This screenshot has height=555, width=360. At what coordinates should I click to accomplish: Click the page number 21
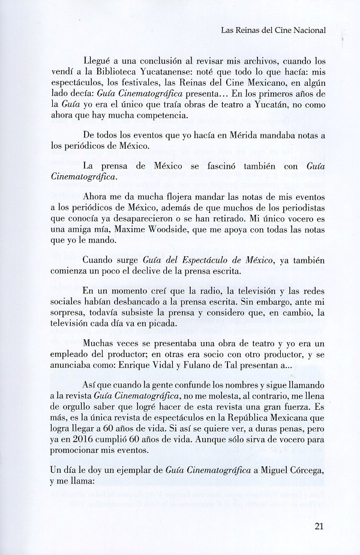coord(319,528)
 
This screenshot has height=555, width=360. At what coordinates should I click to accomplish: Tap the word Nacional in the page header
coord(310,28)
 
